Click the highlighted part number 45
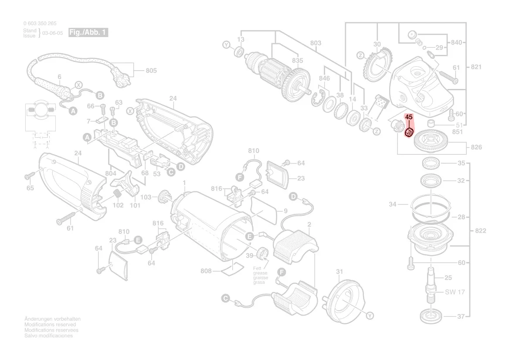pyautogui.click(x=409, y=117)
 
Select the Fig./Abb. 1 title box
pyautogui.click(x=88, y=33)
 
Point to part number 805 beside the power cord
pyautogui.click(x=151, y=71)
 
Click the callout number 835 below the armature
pyautogui.click(x=297, y=60)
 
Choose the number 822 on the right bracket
pyautogui.click(x=480, y=231)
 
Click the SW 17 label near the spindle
pyautogui.click(x=455, y=292)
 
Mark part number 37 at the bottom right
pyautogui.click(x=461, y=316)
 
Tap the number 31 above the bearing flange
pyautogui.click(x=339, y=272)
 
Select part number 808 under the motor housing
pyautogui.click(x=206, y=271)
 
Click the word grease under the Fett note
pyautogui.click(x=261, y=273)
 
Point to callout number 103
pyautogui.click(x=146, y=197)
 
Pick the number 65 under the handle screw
pyautogui.click(x=30, y=188)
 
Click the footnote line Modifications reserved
pyautogui.click(x=50, y=325)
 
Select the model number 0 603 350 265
pyautogui.click(x=40, y=24)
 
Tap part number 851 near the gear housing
pyautogui.click(x=457, y=132)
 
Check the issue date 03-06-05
pyautogui.click(x=52, y=33)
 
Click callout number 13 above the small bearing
pyautogui.click(x=241, y=39)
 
